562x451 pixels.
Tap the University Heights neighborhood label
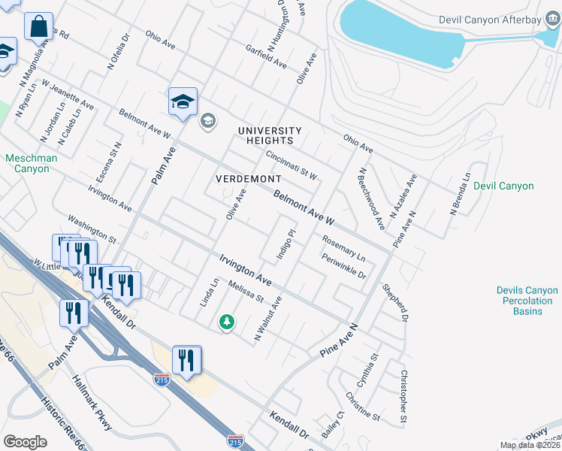(x=270, y=135)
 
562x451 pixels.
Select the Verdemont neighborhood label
(x=248, y=179)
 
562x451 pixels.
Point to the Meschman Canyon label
(x=27, y=163)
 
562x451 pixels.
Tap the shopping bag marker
(x=38, y=26)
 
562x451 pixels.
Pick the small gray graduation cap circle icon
(x=207, y=120)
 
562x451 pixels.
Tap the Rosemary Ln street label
(x=343, y=248)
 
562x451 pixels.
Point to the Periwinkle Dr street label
(x=343, y=267)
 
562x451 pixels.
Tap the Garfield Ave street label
(x=266, y=56)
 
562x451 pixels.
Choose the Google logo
(x=25, y=442)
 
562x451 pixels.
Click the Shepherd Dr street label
(x=394, y=301)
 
